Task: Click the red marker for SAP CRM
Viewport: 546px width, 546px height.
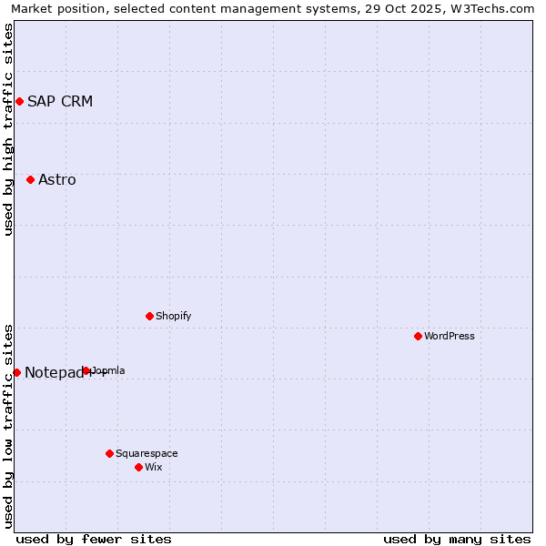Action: pyautogui.click(x=19, y=101)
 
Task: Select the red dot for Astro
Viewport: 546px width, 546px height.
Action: pyautogui.click(x=30, y=179)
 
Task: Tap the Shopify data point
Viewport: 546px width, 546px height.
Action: pyautogui.click(x=149, y=316)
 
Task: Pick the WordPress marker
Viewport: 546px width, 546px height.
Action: pyautogui.click(x=418, y=336)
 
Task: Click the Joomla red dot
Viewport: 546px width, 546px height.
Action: pyautogui.click(x=86, y=370)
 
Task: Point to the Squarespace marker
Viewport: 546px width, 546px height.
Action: pyautogui.click(x=109, y=453)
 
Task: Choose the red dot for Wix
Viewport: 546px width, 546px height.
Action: pyautogui.click(x=138, y=467)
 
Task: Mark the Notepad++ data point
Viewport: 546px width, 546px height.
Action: pyautogui.click(x=16, y=372)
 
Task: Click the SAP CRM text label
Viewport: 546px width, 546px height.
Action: pyautogui.click(x=60, y=101)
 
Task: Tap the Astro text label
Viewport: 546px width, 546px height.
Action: pyautogui.click(x=57, y=179)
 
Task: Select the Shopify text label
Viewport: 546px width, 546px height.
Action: pyautogui.click(x=173, y=316)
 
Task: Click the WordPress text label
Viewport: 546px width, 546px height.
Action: pyautogui.click(x=450, y=336)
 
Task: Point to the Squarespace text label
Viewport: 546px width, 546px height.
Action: pyautogui.click(x=147, y=453)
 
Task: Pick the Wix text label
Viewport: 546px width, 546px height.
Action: pyautogui.click(x=153, y=467)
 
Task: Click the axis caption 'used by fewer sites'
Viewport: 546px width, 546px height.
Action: pyautogui.click(x=94, y=539)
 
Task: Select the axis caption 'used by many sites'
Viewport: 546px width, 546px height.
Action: pyautogui.click(x=457, y=539)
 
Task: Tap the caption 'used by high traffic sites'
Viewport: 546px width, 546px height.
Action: pyautogui.click(x=8, y=129)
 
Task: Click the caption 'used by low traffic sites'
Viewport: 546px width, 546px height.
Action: pyautogui.click(x=8, y=425)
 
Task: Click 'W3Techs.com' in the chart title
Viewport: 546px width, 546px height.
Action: pyautogui.click(x=495, y=8)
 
